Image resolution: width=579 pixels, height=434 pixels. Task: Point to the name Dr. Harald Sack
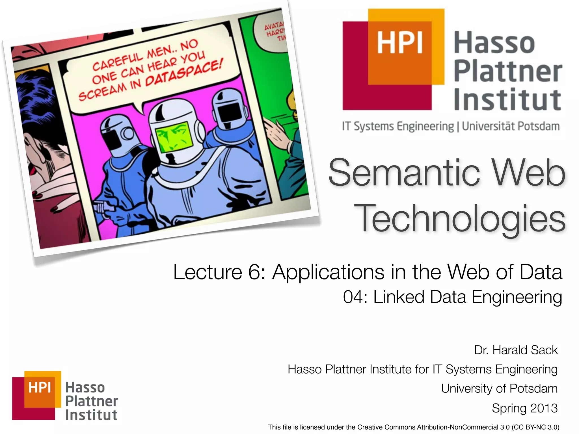point(516,350)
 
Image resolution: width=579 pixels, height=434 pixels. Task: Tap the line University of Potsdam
point(499,389)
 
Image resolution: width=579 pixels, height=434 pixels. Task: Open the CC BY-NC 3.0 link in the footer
point(535,427)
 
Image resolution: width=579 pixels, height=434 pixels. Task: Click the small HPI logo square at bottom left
point(37,395)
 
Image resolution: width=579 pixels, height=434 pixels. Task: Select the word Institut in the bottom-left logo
point(91,415)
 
